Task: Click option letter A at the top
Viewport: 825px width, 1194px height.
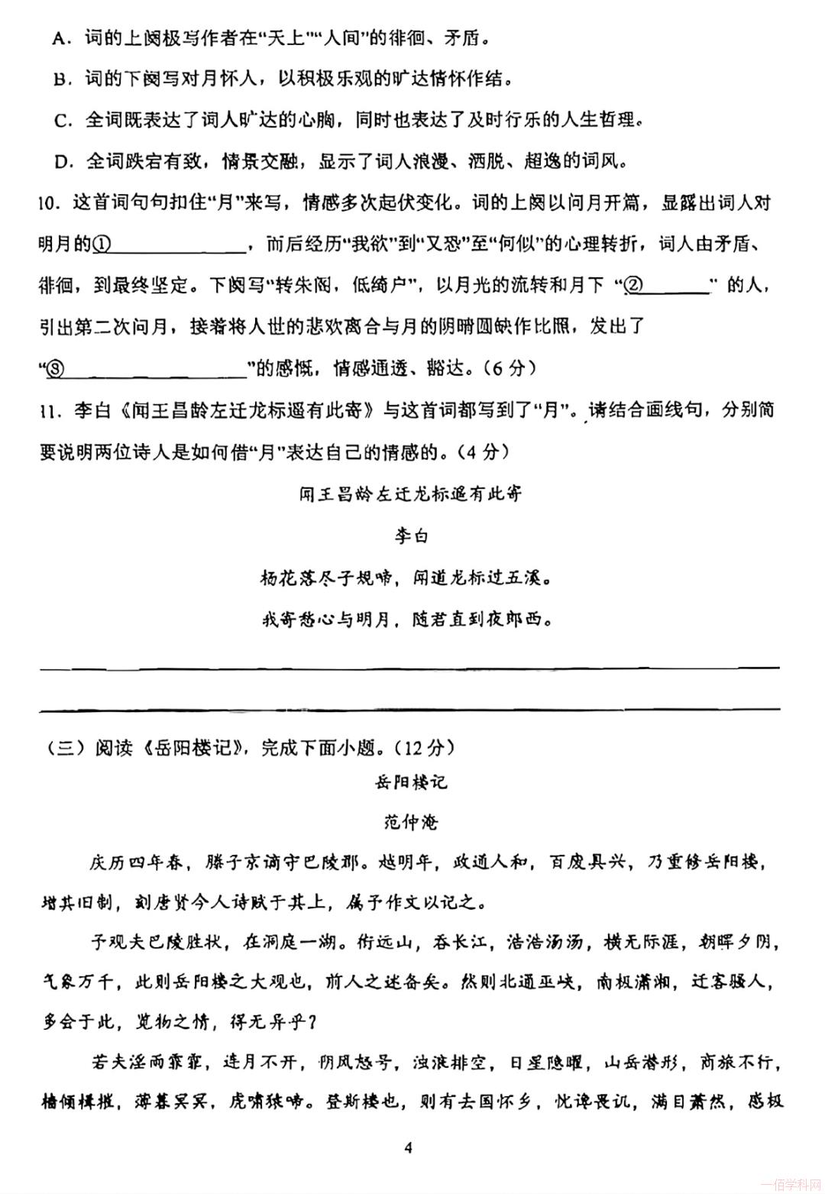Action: coord(58,37)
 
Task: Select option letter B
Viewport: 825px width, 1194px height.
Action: coord(60,79)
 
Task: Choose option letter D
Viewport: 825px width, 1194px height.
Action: coord(62,162)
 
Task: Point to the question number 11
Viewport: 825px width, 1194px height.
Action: coord(47,411)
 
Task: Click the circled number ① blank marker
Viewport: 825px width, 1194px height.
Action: coord(102,244)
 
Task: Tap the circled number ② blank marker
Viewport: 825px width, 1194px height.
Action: coord(633,286)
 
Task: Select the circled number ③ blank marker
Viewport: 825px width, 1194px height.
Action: coord(56,369)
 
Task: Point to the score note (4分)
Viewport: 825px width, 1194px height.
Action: coord(484,451)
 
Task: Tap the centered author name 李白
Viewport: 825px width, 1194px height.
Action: coord(411,536)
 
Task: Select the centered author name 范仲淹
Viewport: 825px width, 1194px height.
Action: coord(411,822)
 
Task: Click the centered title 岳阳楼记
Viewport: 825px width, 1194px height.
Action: coord(411,782)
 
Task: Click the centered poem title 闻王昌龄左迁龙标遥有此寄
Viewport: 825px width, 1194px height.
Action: coord(411,494)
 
